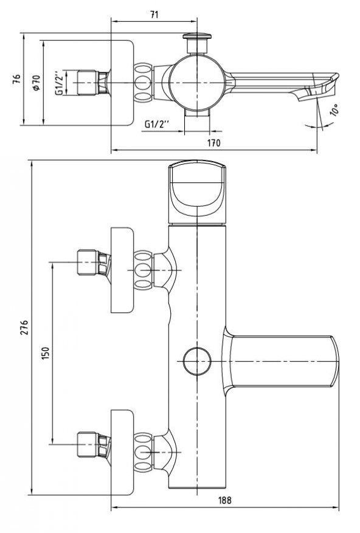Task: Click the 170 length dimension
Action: pos(213,143)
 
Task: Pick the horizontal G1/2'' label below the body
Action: pos(156,125)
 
